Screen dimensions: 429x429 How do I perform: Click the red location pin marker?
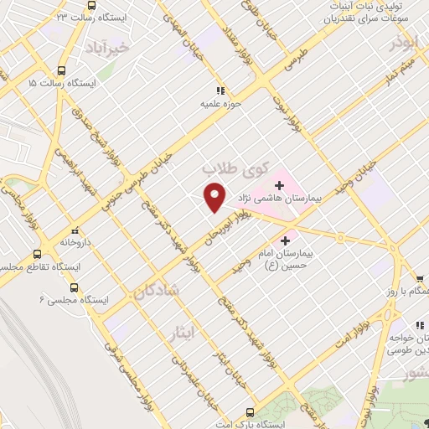click(x=216, y=197)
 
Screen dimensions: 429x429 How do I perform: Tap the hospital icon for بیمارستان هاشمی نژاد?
click(x=279, y=183)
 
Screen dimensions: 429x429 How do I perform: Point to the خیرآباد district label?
click(x=132, y=48)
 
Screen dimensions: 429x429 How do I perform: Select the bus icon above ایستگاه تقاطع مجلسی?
click(x=37, y=254)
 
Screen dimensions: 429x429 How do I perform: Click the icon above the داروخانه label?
click(x=75, y=230)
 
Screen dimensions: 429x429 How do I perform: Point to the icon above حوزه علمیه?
click(x=220, y=90)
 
